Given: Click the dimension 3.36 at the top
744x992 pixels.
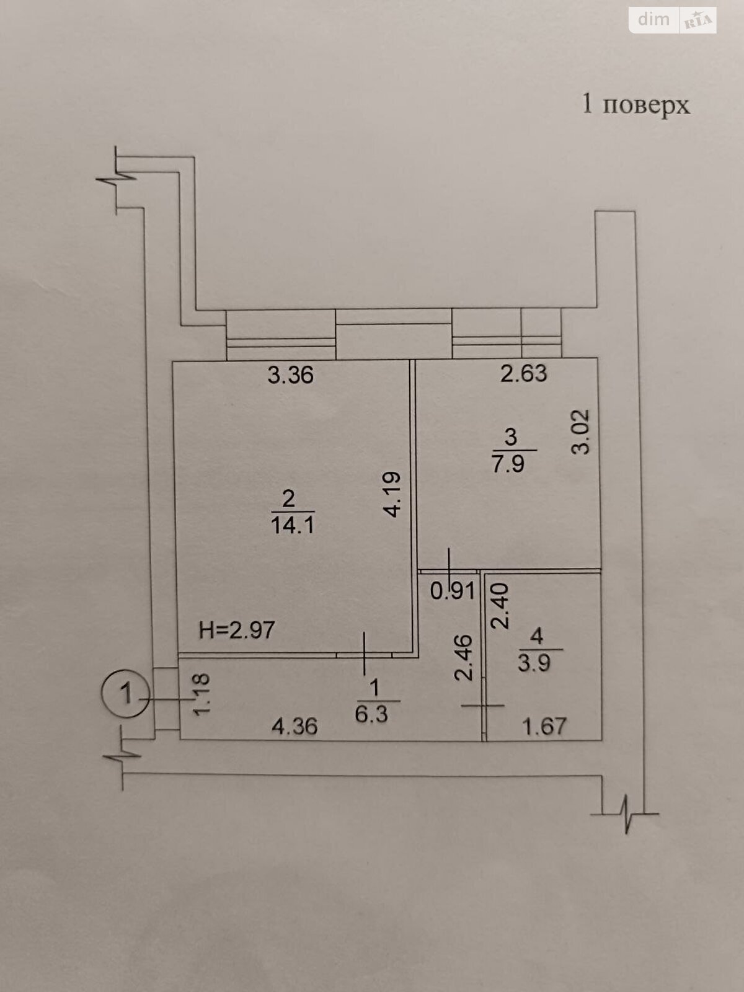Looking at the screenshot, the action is [x=290, y=375].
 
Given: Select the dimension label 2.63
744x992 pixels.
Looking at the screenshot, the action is [x=523, y=374].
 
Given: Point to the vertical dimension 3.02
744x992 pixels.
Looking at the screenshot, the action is [x=580, y=432].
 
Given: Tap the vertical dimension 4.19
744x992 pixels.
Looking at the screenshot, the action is [x=391, y=494].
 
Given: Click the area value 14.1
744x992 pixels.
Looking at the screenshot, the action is [x=292, y=525].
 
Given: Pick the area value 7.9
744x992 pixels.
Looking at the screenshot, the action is [x=508, y=464].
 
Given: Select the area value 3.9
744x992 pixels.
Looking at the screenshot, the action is [x=534, y=663].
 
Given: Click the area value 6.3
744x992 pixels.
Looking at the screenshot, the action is [x=371, y=715].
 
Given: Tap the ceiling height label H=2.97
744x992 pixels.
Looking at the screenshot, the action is [x=237, y=630].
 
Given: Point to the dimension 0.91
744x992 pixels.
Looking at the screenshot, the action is [x=452, y=591].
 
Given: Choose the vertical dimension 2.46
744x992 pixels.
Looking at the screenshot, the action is [x=464, y=658].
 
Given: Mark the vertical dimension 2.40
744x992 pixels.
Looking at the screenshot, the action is [x=500, y=606].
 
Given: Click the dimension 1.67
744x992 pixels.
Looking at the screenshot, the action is [x=544, y=726].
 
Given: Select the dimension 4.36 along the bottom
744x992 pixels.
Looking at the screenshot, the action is [x=294, y=727].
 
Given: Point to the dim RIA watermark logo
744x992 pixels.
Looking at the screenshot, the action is [x=673, y=20].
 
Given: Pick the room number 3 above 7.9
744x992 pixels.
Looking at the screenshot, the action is [x=510, y=437].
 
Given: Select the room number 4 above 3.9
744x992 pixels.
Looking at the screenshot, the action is [x=536, y=636].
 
